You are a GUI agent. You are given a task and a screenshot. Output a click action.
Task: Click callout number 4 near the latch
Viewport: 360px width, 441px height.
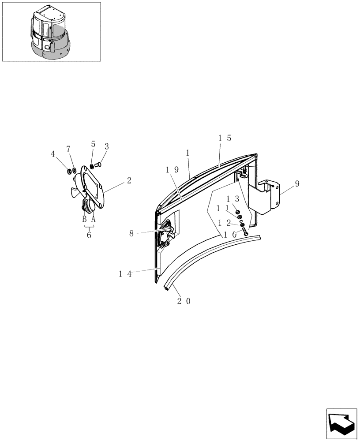click(53, 154)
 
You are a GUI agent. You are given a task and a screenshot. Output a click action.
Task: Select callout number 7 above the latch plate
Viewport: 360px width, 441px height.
click(69, 149)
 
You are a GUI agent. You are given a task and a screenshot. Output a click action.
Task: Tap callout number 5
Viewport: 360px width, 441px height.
click(93, 144)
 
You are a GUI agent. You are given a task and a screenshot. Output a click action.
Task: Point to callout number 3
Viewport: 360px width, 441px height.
click(107, 146)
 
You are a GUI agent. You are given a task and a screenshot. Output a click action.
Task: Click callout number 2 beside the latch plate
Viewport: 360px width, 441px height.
click(129, 180)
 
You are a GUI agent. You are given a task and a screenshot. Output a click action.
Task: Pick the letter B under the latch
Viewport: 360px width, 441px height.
click(84, 219)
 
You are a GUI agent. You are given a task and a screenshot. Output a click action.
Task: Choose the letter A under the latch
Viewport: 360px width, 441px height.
click(93, 219)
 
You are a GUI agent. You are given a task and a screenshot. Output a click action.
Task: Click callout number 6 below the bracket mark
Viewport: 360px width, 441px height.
click(89, 235)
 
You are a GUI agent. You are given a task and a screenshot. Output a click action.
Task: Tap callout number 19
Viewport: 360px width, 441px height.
click(172, 169)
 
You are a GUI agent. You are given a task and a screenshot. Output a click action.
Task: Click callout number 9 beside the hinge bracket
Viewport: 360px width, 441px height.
click(297, 183)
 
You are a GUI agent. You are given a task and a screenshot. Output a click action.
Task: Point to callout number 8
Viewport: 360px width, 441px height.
click(131, 233)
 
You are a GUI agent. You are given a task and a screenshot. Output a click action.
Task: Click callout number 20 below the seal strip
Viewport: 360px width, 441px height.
click(184, 301)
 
